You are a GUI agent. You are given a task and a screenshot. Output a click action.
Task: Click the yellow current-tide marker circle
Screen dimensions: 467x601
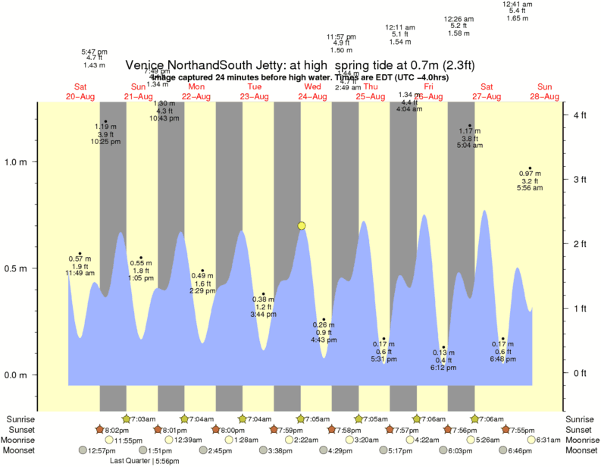302,226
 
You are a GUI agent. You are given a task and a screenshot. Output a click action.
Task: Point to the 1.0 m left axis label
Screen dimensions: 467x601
15,161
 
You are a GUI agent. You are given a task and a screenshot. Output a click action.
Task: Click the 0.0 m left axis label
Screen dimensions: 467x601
15,375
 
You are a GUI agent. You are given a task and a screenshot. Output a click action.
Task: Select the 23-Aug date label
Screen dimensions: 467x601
255,96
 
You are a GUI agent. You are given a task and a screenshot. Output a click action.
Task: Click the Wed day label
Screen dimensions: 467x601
312,86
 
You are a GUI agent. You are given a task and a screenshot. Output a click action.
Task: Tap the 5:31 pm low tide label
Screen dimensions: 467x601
383,359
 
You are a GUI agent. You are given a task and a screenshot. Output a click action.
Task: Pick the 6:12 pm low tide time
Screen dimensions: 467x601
443,368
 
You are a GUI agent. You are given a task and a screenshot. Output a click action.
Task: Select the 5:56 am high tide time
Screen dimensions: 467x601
531,188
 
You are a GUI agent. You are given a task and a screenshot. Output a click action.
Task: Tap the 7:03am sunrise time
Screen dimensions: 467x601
145,418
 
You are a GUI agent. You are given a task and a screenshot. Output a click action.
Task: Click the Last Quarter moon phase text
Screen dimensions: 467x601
130,460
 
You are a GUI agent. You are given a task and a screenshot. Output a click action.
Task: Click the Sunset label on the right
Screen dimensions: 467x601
581,429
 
